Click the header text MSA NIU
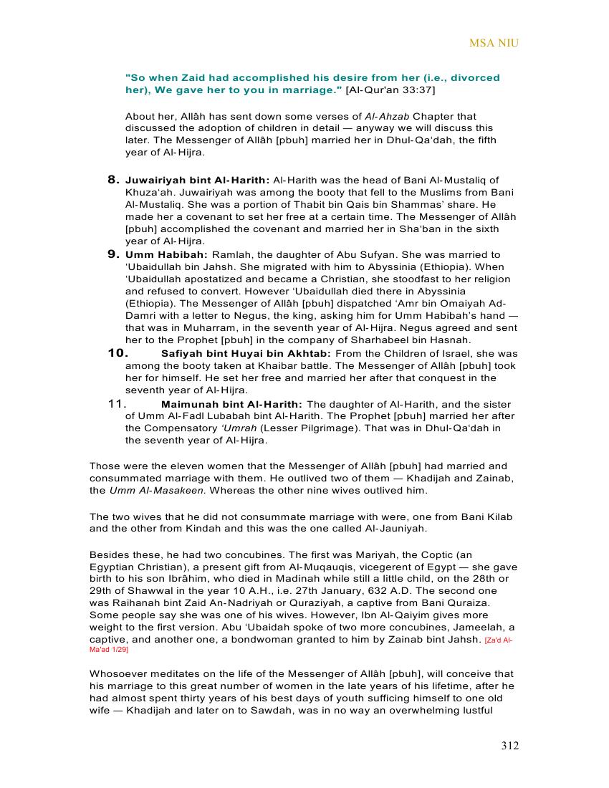pyautogui.click(x=494, y=43)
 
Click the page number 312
pyautogui.click(x=509, y=746)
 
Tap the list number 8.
pyautogui.click(x=113, y=180)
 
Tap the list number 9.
pyautogui.click(x=113, y=254)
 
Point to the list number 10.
pyautogui.click(x=118, y=353)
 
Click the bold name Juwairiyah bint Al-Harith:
pyautogui.click(x=198, y=181)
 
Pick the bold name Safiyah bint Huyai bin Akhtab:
pyautogui.click(x=246, y=354)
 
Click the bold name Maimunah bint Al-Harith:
pyautogui.click(x=231, y=405)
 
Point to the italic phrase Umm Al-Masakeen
pyautogui.click(x=157, y=491)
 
